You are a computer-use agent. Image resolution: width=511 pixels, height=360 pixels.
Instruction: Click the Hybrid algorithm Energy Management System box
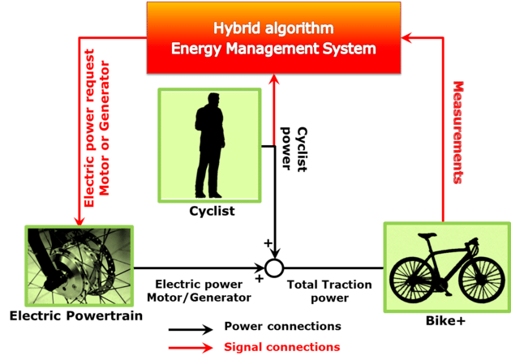(273, 37)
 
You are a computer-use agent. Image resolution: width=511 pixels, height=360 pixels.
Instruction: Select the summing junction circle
(276, 268)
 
